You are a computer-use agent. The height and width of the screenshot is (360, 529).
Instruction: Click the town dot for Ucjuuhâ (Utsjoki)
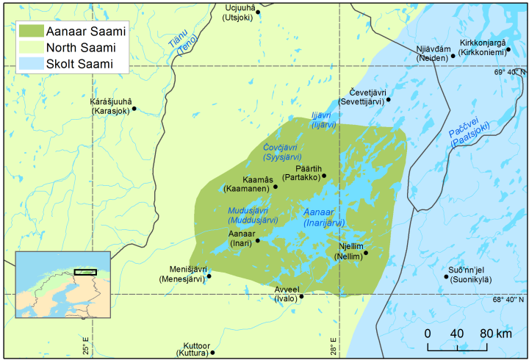(257, 12)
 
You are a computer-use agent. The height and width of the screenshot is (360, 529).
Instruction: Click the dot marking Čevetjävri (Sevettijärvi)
(388, 99)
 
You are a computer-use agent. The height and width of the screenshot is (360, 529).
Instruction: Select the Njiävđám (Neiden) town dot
(453, 55)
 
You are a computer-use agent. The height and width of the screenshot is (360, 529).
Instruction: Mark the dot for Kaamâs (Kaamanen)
(276, 187)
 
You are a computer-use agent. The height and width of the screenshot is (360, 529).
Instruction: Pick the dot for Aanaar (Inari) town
(257, 240)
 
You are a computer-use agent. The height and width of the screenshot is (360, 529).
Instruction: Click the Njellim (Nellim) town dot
(366, 253)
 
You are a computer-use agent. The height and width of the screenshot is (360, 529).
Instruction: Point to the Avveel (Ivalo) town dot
(301, 297)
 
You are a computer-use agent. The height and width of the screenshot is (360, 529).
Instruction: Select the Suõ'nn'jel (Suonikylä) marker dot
(446, 277)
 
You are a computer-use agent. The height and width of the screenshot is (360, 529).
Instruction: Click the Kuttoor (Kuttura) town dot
(212, 352)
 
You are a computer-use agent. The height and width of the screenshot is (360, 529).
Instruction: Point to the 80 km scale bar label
(497, 334)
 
